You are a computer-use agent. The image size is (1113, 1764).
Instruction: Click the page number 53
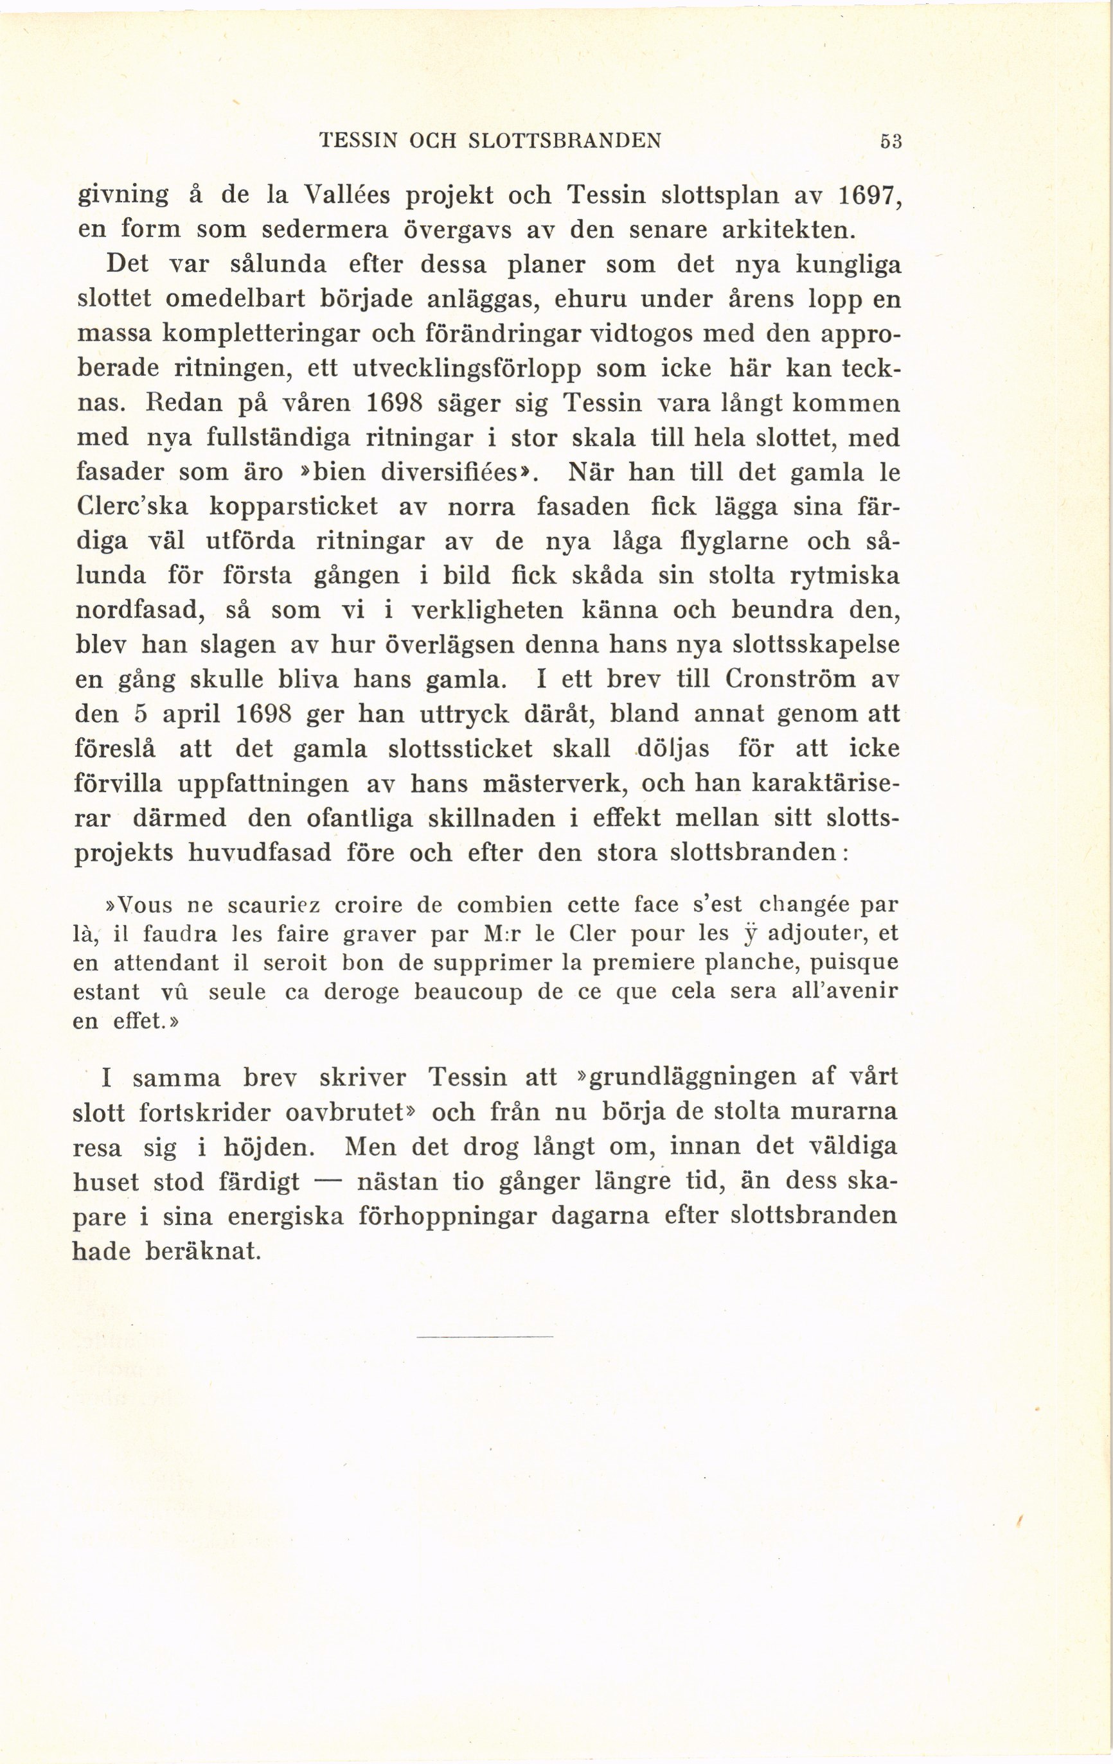(x=891, y=141)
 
